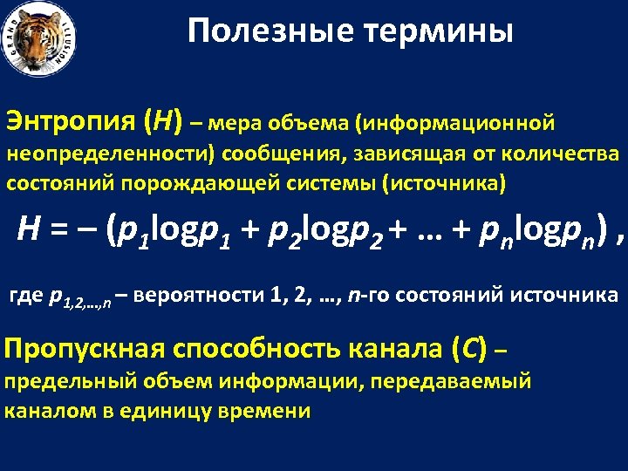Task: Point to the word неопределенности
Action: pyautogui.click(x=111, y=155)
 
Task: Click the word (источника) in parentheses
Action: pyautogui.click(x=445, y=185)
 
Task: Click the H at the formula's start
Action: pyautogui.click(x=28, y=229)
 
